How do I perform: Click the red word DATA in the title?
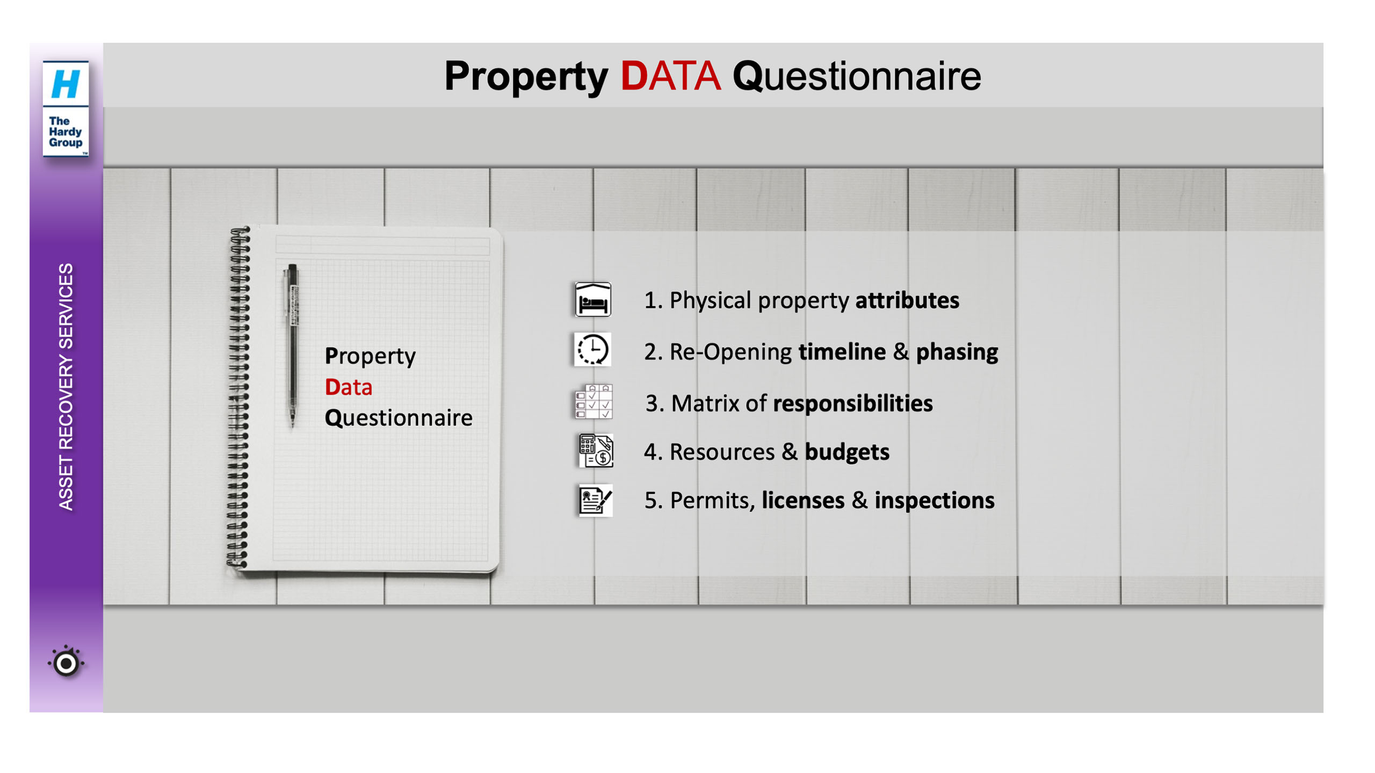pos(670,76)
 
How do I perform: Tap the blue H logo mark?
pos(66,84)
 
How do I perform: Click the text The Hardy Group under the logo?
pos(66,132)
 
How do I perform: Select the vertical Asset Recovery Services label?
pos(66,386)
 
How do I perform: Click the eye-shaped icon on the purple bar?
pos(66,663)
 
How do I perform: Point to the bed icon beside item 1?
pos(592,299)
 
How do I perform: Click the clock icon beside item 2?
pos(592,349)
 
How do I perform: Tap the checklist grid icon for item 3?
pos(594,401)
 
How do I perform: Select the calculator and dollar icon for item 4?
pos(596,450)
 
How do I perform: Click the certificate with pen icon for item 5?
pos(596,500)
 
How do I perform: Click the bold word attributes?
pos(907,300)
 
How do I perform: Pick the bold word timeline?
pos(842,352)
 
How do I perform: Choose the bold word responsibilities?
pos(853,404)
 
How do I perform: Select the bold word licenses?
pos(803,501)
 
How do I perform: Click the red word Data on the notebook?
pos(349,387)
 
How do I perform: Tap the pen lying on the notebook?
pos(292,345)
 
